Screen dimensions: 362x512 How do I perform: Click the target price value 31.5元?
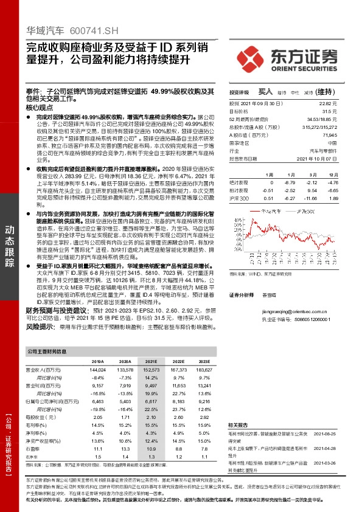coord(330,112)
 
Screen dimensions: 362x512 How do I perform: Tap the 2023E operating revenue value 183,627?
coord(204,370)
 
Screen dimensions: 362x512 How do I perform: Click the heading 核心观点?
coord(40,107)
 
